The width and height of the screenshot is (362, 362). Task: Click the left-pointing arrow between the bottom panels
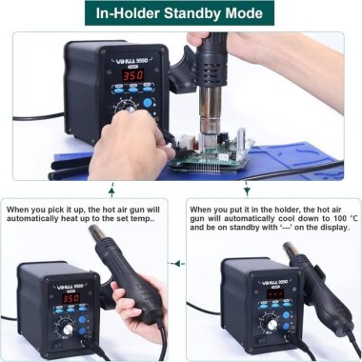pos(176,263)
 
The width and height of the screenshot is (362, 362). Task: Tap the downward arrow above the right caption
pos(247,188)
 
